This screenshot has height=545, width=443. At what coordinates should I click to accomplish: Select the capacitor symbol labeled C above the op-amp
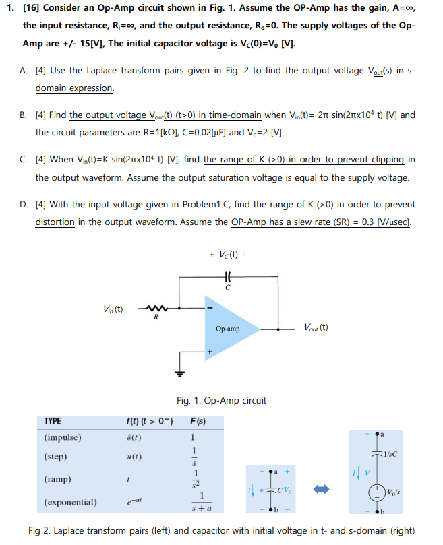(x=229, y=276)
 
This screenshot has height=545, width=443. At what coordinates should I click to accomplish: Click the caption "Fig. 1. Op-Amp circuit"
(x=221, y=400)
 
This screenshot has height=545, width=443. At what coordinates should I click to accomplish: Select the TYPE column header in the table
(x=52, y=421)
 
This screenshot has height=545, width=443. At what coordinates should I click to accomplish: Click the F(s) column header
(x=198, y=422)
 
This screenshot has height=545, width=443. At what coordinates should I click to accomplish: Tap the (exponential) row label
(x=70, y=503)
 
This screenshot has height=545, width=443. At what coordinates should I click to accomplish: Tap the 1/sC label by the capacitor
(x=389, y=453)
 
